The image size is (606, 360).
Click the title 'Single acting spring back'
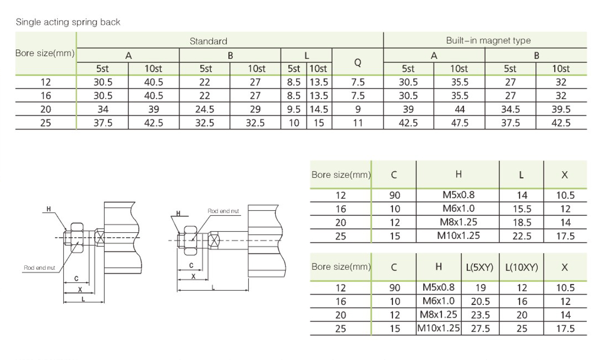point(68,22)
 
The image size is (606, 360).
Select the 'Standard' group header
point(208,41)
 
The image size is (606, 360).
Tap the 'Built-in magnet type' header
point(488,40)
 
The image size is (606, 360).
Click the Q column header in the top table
point(358,63)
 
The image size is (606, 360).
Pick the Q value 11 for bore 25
point(358,123)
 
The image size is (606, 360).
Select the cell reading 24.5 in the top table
point(204,109)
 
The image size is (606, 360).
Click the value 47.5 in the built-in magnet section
point(459,123)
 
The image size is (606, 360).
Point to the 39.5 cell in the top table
point(561,109)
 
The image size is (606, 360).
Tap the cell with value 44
point(459,109)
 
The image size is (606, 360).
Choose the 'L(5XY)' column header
point(480,267)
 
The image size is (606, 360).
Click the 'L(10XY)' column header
point(522,267)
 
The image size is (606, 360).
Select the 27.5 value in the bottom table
point(480,329)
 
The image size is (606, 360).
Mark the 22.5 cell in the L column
point(522,236)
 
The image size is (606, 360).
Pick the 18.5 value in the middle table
point(522,223)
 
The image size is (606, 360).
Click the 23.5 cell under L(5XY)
point(480,315)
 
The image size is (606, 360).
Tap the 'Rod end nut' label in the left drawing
point(39,268)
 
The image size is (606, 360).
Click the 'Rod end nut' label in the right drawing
point(223,211)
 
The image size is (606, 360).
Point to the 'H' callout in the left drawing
point(48,209)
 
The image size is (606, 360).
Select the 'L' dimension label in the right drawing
point(213,287)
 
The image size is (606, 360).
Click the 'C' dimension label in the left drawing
point(76,278)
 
